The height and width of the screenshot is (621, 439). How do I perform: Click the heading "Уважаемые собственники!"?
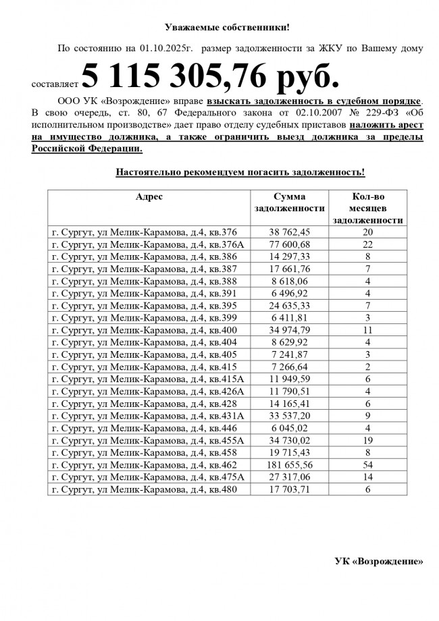pyautogui.click(x=227, y=28)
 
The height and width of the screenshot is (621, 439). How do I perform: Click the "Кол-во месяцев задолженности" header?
pyautogui.click(x=368, y=208)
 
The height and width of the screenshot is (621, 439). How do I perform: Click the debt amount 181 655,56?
pyautogui.click(x=290, y=465)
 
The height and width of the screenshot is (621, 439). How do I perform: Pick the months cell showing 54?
pyautogui.click(x=368, y=465)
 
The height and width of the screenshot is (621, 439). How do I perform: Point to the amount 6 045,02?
pyautogui.click(x=290, y=428)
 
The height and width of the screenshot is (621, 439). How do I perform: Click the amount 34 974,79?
pyautogui.click(x=290, y=330)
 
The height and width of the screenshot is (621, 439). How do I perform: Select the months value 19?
pyautogui.click(x=368, y=440)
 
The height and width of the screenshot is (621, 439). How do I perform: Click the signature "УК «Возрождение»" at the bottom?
pyautogui.click(x=379, y=561)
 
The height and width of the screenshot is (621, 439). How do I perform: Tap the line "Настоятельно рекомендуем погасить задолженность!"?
pyautogui.click(x=240, y=173)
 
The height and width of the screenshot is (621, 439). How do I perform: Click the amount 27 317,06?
pyautogui.click(x=290, y=477)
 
